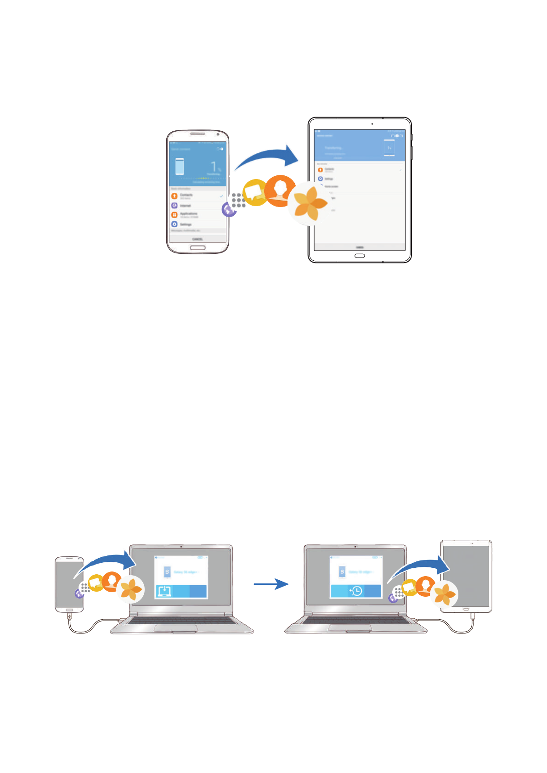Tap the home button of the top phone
coord(197,247)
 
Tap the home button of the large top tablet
coord(360,256)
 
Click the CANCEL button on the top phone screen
coord(197,239)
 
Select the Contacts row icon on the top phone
coord(175,196)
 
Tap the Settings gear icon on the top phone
coord(175,224)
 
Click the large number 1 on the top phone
coord(214,167)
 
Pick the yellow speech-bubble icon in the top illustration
coord(255,193)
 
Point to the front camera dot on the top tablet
coord(372,124)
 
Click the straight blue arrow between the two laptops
coord(271,584)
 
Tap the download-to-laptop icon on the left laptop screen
coord(164,591)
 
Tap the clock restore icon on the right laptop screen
coord(356,591)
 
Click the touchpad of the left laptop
coord(175,628)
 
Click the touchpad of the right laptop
coord(350,628)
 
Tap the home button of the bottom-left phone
coord(69,610)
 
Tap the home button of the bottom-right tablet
coord(466,609)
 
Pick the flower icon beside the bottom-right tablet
coord(445,593)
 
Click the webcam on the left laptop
coord(181,547)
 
